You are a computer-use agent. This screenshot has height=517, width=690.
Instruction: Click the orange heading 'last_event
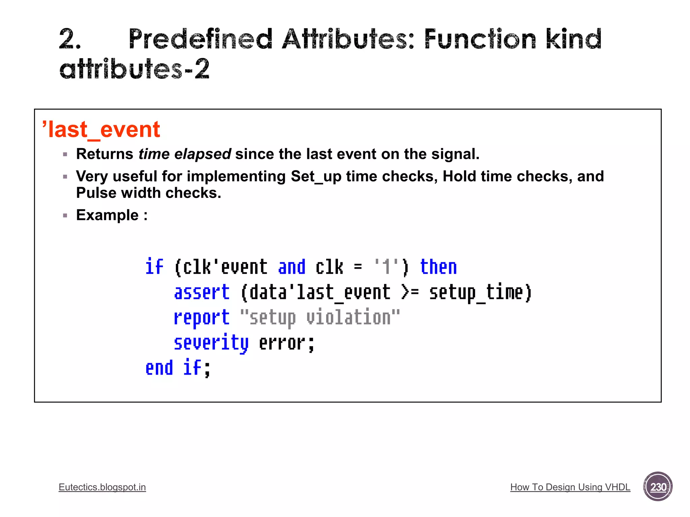tap(101, 130)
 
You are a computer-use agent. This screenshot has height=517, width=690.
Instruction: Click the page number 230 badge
tap(658, 486)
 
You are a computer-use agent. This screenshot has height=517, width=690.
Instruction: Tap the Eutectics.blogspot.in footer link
tap(102, 487)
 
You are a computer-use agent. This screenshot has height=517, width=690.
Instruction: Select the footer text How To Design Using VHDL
tap(570, 487)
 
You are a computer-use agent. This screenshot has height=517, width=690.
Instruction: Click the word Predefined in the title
tap(200, 39)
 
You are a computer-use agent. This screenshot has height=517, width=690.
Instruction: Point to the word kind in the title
tap(573, 39)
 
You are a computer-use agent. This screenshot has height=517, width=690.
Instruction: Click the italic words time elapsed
tap(185, 154)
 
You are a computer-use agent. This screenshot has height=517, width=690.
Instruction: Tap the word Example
tap(107, 215)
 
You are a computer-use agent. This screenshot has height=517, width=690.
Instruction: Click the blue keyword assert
tap(201, 292)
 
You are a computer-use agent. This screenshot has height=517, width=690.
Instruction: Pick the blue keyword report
tap(201, 318)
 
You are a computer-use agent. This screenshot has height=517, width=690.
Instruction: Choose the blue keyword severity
tap(211, 343)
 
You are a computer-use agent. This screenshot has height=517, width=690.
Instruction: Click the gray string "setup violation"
tap(320, 318)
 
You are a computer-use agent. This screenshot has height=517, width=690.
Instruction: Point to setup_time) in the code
tap(480, 292)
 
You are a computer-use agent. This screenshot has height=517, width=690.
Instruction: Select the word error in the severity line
tap(282, 343)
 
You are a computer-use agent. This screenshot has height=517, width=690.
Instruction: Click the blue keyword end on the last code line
tap(159, 368)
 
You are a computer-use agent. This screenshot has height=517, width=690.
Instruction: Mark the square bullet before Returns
tap(65, 154)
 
